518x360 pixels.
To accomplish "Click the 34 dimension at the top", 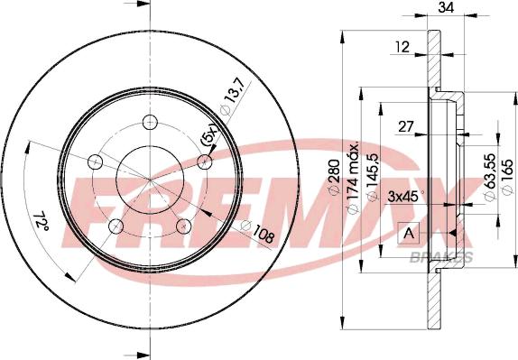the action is click(446, 7).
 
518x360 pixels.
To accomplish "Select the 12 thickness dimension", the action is click(402, 47).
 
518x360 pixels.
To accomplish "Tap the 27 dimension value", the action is click(406, 126).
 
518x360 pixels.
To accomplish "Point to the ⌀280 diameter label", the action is click(334, 178).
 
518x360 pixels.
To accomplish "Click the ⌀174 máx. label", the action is click(353, 179).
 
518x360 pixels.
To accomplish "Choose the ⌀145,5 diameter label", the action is click(373, 177).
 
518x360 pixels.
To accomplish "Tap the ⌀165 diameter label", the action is click(508, 177).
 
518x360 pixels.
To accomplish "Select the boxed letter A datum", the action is click(409, 234).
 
